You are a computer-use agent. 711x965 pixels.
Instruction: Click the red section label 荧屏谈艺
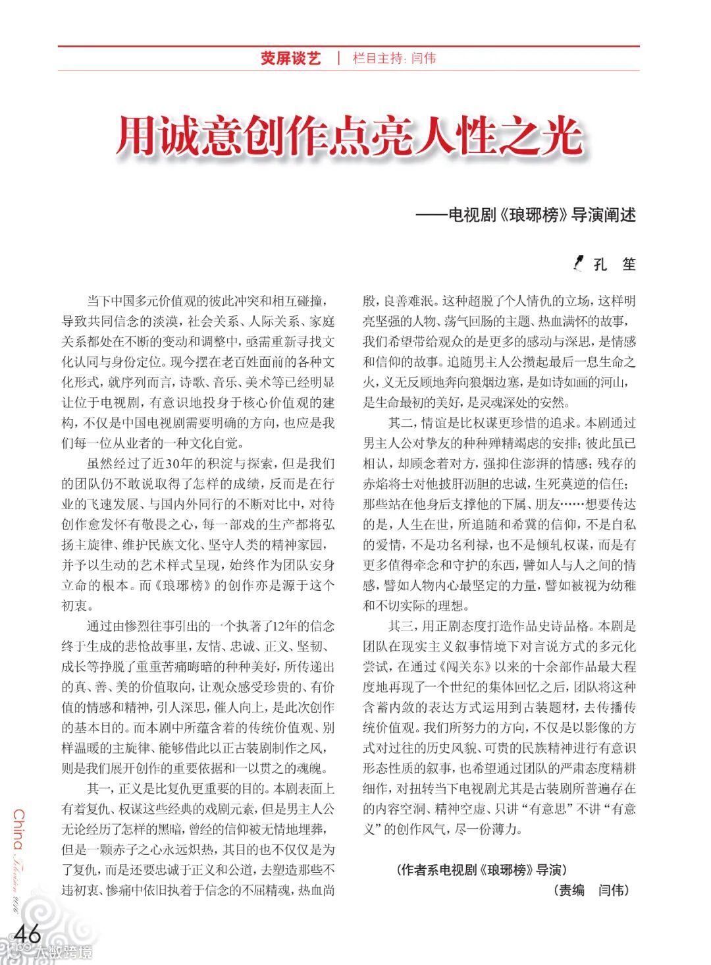pos(290,59)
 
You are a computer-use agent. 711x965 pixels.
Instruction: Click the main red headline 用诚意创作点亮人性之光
pos(350,137)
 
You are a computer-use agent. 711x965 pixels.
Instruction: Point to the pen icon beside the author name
pos(579,263)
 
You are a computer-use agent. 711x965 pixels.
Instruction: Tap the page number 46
pos(28,933)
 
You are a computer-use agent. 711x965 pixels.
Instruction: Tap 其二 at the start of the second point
pos(401,423)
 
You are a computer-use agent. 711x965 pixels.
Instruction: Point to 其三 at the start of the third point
pos(401,626)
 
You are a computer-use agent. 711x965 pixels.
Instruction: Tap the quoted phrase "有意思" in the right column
pos(542,809)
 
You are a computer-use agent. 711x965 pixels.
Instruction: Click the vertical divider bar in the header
pos(338,58)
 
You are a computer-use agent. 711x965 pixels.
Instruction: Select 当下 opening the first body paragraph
pos(99,301)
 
